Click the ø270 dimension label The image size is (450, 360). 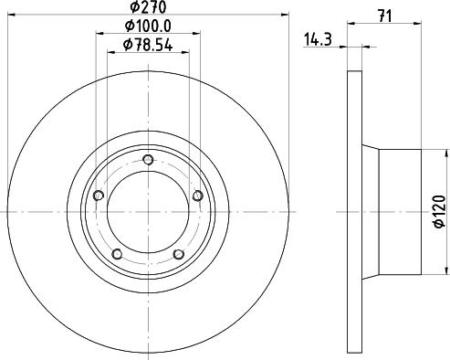tap(148, 7)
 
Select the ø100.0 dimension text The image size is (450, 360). tap(148, 26)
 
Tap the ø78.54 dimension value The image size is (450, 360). tap(148, 45)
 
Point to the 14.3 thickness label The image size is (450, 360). tap(318, 39)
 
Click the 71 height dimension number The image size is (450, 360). tap(384, 16)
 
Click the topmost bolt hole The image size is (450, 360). tap(148, 160)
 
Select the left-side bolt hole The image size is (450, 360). tap(99, 196)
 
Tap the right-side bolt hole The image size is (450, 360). tap(198, 196)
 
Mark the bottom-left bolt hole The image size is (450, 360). tap(118, 254)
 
